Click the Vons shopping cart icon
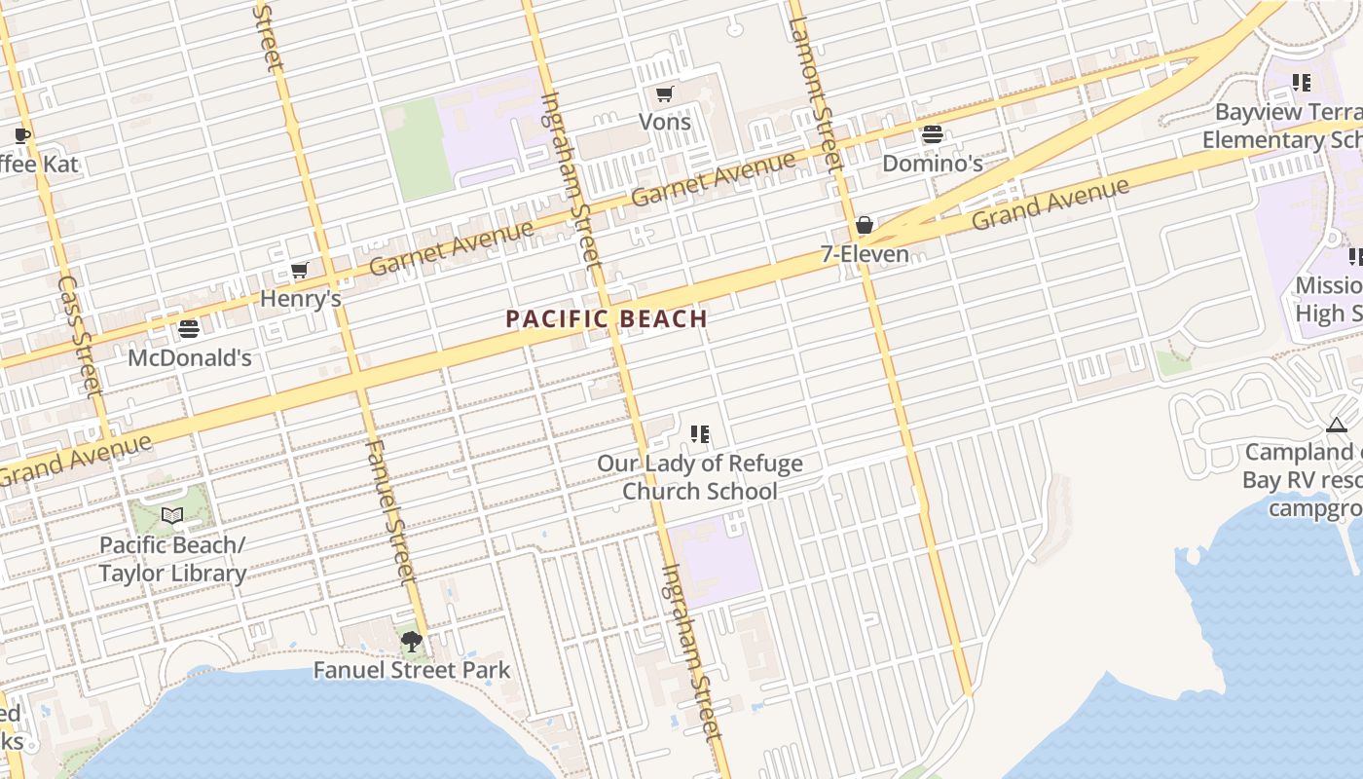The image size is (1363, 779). coord(664,94)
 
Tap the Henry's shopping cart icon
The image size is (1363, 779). coord(300,271)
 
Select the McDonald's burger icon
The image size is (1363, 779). coord(189,329)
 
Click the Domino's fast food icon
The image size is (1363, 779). coord(932,134)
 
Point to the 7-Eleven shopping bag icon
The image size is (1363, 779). coord(864,226)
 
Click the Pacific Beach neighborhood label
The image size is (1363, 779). coord(607,318)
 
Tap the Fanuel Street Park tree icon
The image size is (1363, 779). coord(411,641)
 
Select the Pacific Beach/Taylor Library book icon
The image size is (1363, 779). coord(172,515)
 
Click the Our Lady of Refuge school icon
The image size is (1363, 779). coord(699,434)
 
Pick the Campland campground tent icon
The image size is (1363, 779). coord(1336,425)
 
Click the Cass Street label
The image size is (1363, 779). coord(80,336)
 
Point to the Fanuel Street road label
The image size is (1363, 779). coord(390,516)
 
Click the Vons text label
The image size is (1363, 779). coord(664,122)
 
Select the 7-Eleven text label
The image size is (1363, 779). coord(865,254)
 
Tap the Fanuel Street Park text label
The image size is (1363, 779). coord(411,670)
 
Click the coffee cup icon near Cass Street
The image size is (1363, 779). coord(22,135)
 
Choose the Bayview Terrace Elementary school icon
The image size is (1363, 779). coord(1301,83)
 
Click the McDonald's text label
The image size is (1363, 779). coord(190,357)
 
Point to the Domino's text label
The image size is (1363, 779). coord(932,163)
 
